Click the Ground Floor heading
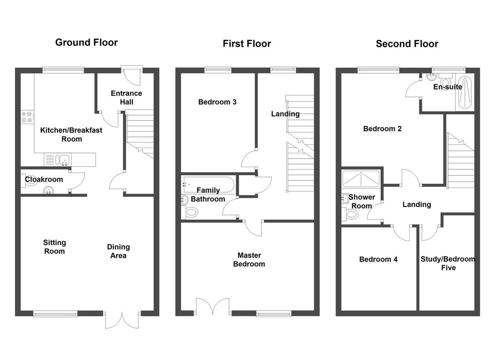pos(86,42)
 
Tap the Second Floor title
pos(407,44)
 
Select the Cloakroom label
pos(44,179)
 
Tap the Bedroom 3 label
pos(217,102)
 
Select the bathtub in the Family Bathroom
pos(209,185)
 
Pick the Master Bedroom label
pos(249,259)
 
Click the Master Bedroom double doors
pos(212,306)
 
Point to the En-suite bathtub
pos(465,92)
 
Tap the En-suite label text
pos(448,87)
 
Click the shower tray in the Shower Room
pos(361,179)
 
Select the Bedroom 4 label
pos(378,259)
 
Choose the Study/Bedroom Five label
pos(448,263)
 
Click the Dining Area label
pos(118,251)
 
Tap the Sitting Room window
pos(55,313)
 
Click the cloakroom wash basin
pos(48,190)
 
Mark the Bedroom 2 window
pos(378,70)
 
